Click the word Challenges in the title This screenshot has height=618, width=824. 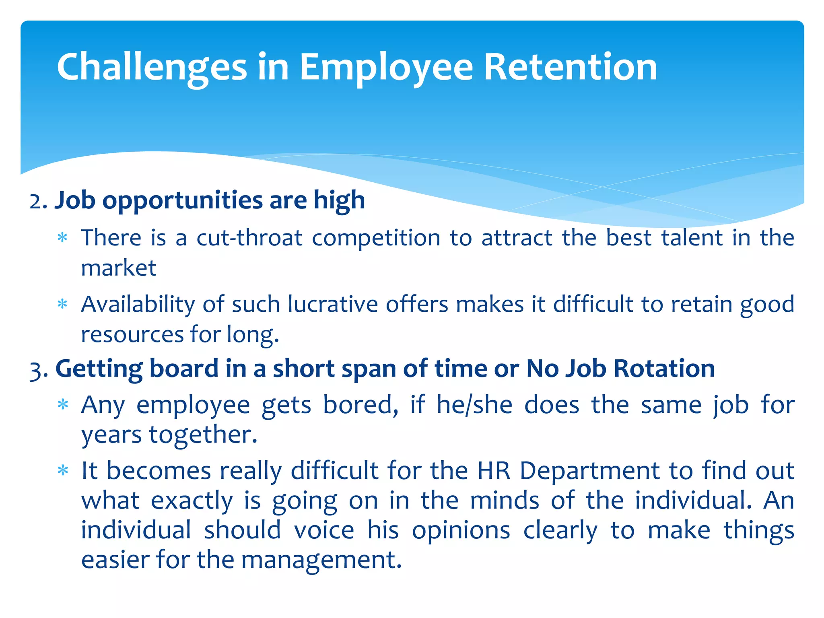coord(152,67)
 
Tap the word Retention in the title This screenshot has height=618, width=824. coord(570,67)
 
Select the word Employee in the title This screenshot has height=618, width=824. coord(386,67)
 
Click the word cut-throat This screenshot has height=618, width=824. coord(249,238)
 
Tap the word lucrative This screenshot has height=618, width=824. coord(333,304)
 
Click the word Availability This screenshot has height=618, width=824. coord(138,305)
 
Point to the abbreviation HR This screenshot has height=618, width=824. coord(494,470)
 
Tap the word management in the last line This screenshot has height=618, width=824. coord(321,560)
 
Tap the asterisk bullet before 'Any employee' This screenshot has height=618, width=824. coord(62,404)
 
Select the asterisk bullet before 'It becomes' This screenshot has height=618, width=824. coord(62,470)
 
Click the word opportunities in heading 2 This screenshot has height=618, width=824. coord(182,201)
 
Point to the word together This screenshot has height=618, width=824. coord(203,435)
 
